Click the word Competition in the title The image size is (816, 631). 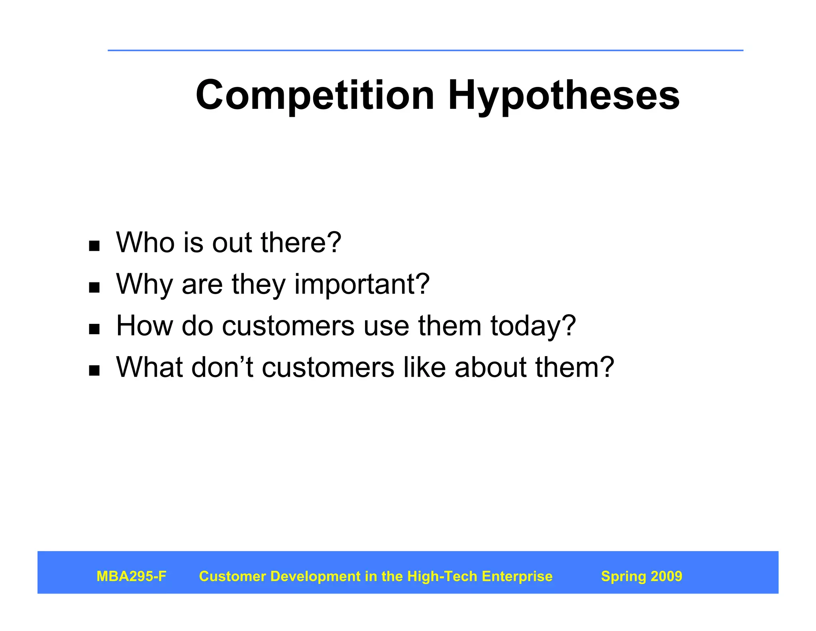tap(315, 96)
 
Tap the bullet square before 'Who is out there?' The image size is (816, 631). tap(94, 246)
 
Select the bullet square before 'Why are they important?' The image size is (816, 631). tap(94, 287)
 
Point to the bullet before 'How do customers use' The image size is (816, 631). tap(94, 329)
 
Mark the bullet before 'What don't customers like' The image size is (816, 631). tap(94, 371)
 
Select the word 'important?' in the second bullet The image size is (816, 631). tap(362, 284)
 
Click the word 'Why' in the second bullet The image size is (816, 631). tap(144, 284)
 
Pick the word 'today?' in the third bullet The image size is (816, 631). tap(533, 326)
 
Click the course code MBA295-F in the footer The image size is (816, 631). tap(131, 576)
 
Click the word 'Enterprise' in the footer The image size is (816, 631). tap(517, 576)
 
